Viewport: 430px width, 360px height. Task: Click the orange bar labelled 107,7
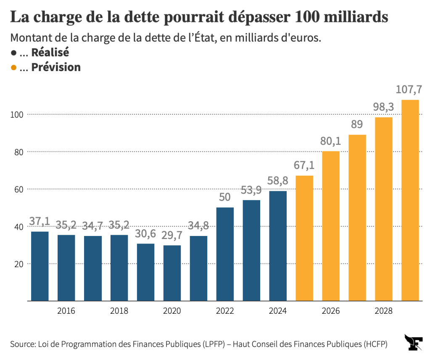point(410,200)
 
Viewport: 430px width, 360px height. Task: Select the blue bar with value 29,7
point(172,273)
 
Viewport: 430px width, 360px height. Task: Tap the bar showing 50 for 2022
point(225,254)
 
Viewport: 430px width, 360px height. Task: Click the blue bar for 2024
point(278,246)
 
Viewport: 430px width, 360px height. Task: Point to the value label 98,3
point(383,107)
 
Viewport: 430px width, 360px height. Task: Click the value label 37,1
point(40,221)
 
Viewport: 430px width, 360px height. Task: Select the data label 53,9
point(251,190)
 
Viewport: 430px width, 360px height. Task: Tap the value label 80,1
point(330,141)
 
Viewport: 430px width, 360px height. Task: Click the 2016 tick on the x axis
point(66,311)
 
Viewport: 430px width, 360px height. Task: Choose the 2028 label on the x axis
point(383,311)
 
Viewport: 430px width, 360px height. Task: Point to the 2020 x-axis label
point(172,311)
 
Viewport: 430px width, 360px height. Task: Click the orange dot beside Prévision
point(14,67)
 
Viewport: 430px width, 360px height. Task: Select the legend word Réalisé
point(50,53)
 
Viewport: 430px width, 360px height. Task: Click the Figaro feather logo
point(413,342)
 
